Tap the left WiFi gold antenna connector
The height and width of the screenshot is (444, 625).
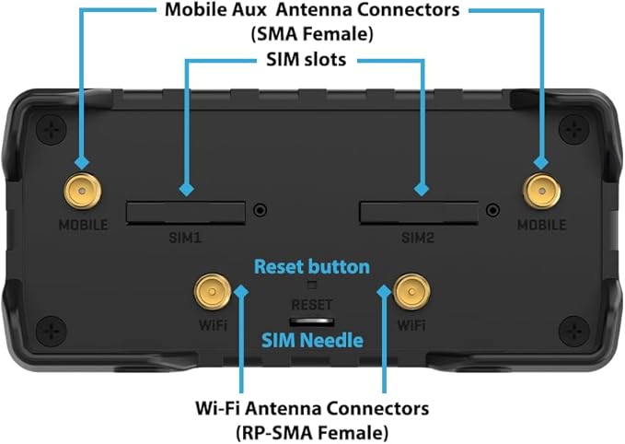click(x=212, y=294)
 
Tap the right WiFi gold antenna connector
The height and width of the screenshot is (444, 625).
click(x=411, y=294)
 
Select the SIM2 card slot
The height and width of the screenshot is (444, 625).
click(x=422, y=212)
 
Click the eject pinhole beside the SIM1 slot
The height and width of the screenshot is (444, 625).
click(x=263, y=210)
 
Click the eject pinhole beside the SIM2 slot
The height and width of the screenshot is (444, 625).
click(x=496, y=210)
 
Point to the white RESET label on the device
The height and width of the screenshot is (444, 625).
click(x=312, y=304)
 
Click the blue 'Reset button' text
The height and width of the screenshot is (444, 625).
click(x=312, y=267)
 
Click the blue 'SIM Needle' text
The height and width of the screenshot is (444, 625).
click(x=311, y=342)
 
